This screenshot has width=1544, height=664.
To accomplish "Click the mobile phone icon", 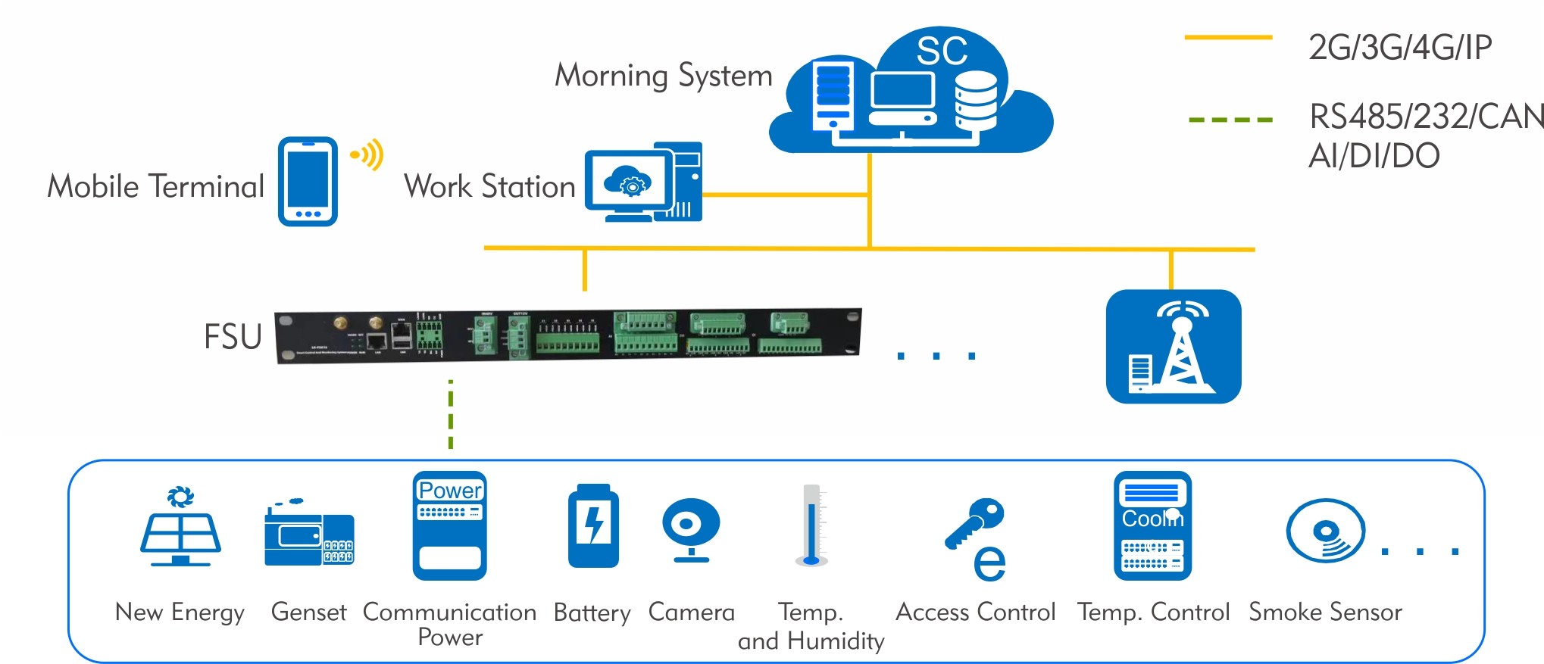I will tap(308, 182).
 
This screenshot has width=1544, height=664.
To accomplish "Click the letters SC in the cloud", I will tap(942, 51).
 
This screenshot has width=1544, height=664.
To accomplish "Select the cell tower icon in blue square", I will tap(1174, 347).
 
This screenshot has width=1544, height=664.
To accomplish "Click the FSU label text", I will tap(233, 337).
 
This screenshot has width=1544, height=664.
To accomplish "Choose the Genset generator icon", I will tap(308, 535).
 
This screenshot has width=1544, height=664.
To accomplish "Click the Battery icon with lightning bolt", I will tap(593, 527).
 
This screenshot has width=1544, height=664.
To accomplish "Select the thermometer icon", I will tap(811, 525).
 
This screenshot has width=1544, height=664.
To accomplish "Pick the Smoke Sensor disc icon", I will tap(1325, 531).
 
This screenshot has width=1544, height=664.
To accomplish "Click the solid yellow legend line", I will tap(1228, 37).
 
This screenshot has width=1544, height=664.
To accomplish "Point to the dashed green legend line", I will tap(1230, 120).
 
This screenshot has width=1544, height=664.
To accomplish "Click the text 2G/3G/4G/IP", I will tap(1400, 48).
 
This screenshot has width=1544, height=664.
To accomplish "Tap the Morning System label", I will tap(664, 76).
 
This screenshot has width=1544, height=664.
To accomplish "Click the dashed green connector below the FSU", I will tap(451, 414).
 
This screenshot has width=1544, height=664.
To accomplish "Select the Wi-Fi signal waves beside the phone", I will tap(368, 155).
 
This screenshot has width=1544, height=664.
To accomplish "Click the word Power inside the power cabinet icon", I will tap(451, 491).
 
